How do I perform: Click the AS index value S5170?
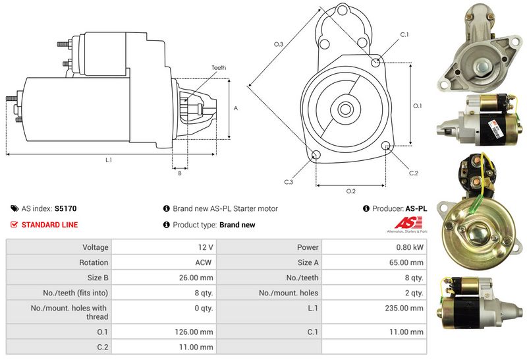(65, 208)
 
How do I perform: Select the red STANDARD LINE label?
(49, 225)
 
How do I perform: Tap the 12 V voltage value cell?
(205, 247)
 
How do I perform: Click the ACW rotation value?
(204, 262)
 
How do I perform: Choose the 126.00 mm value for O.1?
(197, 332)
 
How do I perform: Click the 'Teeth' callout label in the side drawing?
(219, 68)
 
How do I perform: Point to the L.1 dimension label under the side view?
(109, 160)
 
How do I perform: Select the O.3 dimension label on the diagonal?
(279, 44)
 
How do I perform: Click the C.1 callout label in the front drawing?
(404, 34)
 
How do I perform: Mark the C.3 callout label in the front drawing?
(289, 181)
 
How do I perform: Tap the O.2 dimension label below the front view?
(350, 191)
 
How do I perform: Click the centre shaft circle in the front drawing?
(345, 109)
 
